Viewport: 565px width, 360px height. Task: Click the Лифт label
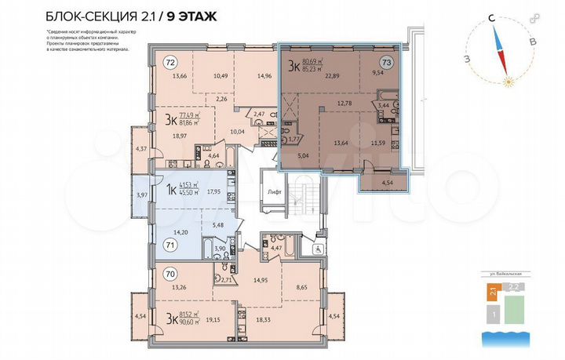point(274,191)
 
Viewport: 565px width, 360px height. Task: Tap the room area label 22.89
point(339,76)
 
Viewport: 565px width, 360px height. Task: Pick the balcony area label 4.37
point(140,149)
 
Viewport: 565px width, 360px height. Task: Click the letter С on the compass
point(490,16)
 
